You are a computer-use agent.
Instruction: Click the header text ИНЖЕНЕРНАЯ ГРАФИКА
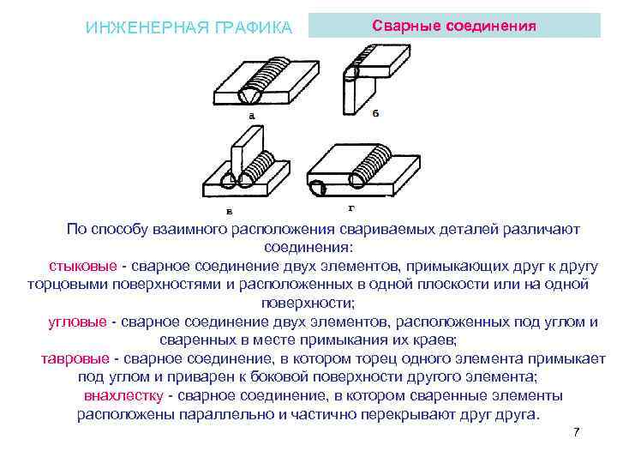click(x=189, y=28)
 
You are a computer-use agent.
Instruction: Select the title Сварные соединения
click(x=454, y=26)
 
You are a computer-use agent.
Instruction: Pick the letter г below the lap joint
click(x=352, y=207)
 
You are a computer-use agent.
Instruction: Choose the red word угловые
click(x=77, y=322)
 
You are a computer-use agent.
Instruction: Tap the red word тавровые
click(x=75, y=358)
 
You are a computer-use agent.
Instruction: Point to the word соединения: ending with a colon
click(x=308, y=248)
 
